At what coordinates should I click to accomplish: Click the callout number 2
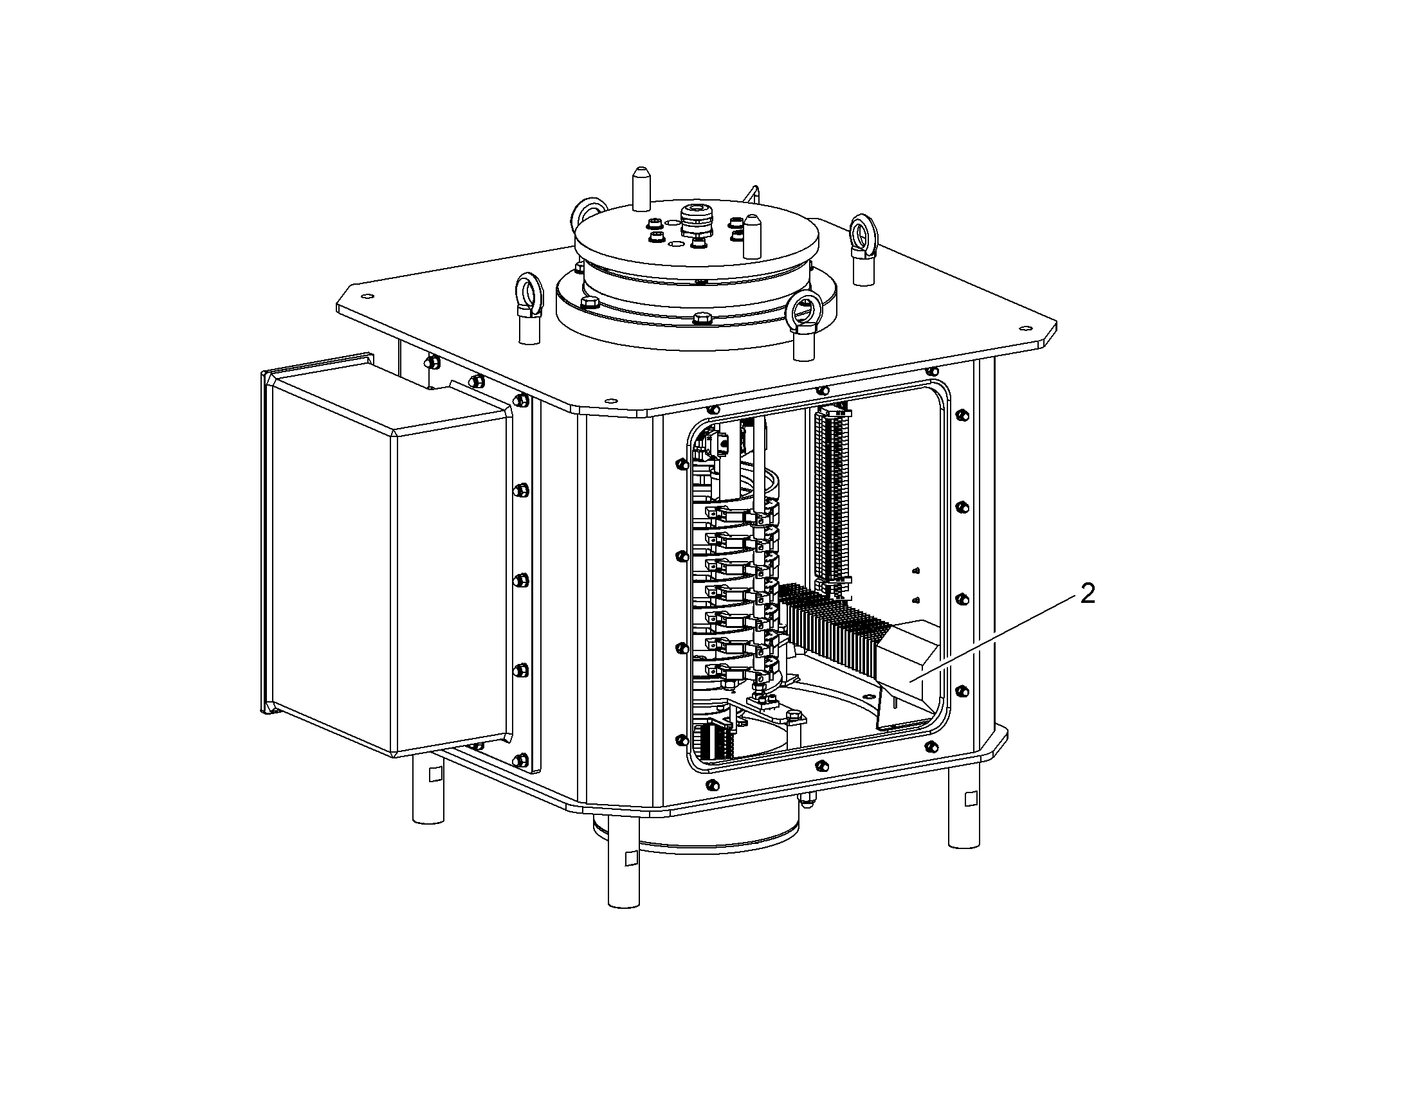1088,595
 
